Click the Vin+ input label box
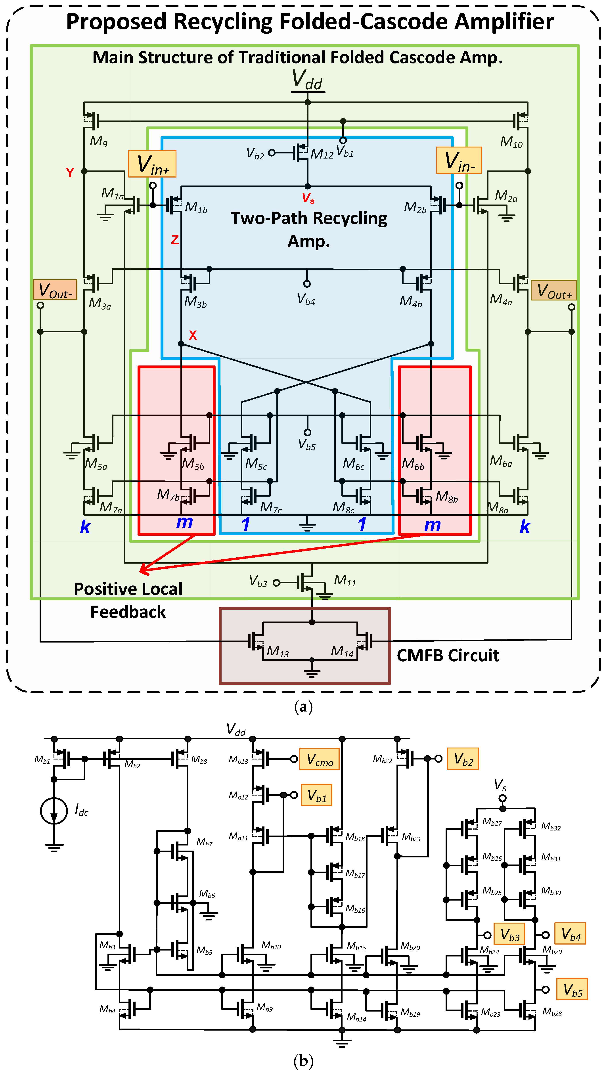152,164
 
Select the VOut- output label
55,290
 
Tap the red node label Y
70,172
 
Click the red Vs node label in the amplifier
308,198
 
